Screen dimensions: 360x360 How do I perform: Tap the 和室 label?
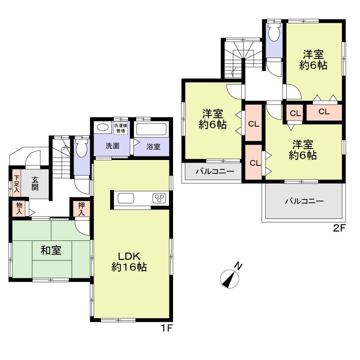tap(51, 251)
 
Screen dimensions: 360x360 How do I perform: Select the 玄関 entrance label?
tap(35, 183)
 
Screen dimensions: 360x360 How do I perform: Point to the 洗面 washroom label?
tap(112, 146)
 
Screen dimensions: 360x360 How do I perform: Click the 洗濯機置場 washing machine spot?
tap(120, 127)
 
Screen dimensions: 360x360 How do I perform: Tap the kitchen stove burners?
tap(159, 198)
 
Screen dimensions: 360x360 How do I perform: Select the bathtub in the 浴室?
tap(151, 129)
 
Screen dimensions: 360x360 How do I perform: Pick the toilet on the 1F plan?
tap(82, 147)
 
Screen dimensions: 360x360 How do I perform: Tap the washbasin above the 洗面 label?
tap(102, 127)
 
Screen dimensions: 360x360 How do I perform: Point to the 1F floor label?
tap(167, 329)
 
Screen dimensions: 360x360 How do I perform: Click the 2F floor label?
tap(338, 228)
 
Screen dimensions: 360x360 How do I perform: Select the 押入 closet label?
tap(82, 209)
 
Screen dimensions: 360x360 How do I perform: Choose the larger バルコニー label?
tap(304, 201)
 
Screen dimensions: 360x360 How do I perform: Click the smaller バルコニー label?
tap(214, 171)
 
